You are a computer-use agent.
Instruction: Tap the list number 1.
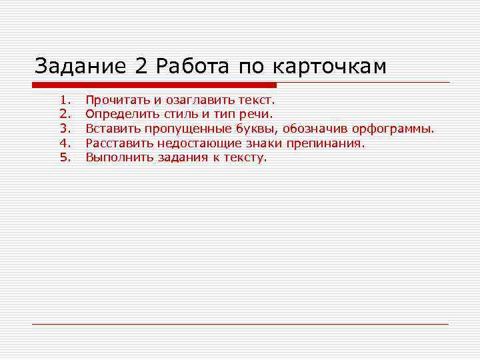pyautogui.click(x=65, y=100)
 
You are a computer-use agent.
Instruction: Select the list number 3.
pyautogui.click(x=65, y=129)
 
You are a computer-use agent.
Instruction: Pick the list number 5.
pyautogui.click(x=65, y=157)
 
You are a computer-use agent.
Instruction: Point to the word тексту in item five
pyautogui.click(x=246, y=158)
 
